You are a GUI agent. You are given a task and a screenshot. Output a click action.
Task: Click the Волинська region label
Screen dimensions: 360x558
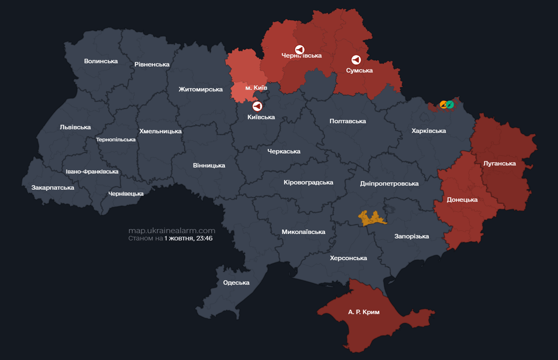pyautogui.click(x=101, y=61)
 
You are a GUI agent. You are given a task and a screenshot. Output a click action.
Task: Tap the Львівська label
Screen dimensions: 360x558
pyautogui.click(x=75, y=127)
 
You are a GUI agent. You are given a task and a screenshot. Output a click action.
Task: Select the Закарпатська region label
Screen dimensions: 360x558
pyautogui.click(x=53, y=187)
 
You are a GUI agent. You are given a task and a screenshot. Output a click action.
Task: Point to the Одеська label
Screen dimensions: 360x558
pyautogui.click(x=236, y=283)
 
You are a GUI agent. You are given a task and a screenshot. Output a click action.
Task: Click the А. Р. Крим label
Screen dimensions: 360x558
pyautogui.click(x=364, y=312)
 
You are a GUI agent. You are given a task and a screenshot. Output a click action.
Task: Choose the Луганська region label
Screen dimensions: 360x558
pyautogui.click(x=499, y=164)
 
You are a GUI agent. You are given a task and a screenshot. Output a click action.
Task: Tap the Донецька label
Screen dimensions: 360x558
pyautogui.click(x=462, y=200)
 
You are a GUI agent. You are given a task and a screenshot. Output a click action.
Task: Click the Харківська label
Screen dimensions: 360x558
pyautogui.click(x=429, y=131)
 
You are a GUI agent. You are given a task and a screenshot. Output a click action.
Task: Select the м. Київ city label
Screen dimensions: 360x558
pyautogui.click(x=256, y=88)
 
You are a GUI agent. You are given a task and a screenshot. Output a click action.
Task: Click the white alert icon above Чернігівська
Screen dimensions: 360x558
pyautogui.click(x=299, y=49)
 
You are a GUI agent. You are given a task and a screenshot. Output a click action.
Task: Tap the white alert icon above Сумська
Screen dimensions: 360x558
pyautogui.click(x=356, y=60)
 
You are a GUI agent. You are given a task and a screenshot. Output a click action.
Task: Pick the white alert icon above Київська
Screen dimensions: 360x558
pyautogui.click(x=257, y=107)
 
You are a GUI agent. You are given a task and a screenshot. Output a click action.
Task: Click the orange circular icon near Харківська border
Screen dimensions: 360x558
pyautogui.click(x=444, y=105)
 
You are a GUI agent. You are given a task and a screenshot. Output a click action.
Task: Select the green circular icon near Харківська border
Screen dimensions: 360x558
pyautogui.click(x=450, y=105)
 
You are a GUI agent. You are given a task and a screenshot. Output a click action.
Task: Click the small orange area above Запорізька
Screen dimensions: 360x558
pyautogui.click(x=372, y=218)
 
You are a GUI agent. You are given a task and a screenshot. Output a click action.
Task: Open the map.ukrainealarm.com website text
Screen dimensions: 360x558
pyautogui.click(x=172, y=231)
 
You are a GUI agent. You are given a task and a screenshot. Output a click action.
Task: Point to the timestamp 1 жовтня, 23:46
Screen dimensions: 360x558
pyautogui.click(x=188, y=238)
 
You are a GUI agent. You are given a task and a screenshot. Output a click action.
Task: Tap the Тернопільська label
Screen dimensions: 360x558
pyautogui.click(x=116, y=140)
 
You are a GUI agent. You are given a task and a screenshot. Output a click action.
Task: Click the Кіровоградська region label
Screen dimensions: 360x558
pyautogui.click(x=308, y=182)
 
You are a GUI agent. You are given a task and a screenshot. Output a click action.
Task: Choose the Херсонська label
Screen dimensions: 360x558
pyautogui.click(x=348, y=258)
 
